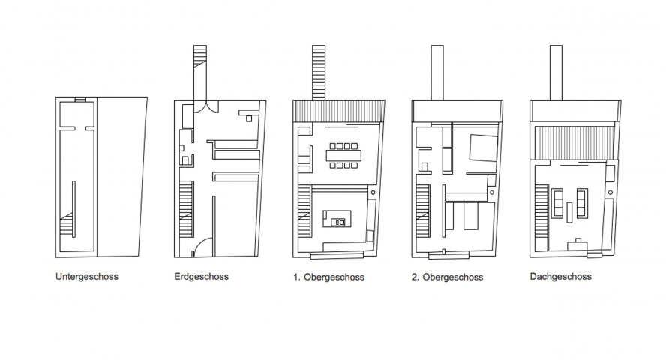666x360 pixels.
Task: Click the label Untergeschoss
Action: pyautogui.click(x=86, y=277)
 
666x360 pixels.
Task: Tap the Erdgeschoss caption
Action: pyautogui.click(x=201, y=277)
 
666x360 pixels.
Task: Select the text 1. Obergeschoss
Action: pyautogui.click(x=328, y=277)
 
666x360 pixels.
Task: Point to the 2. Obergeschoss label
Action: pyautogui.click(x=448, y=277)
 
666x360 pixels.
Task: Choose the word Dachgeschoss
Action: pyautogui.click(x=560, y=277)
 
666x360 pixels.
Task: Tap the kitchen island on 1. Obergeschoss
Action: pyautogui.click(x=335, y=221)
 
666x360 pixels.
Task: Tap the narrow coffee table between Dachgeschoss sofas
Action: pyautogui.click(x=570, y=212)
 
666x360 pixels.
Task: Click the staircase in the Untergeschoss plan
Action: pyautogui.click(x=67, y=225)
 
